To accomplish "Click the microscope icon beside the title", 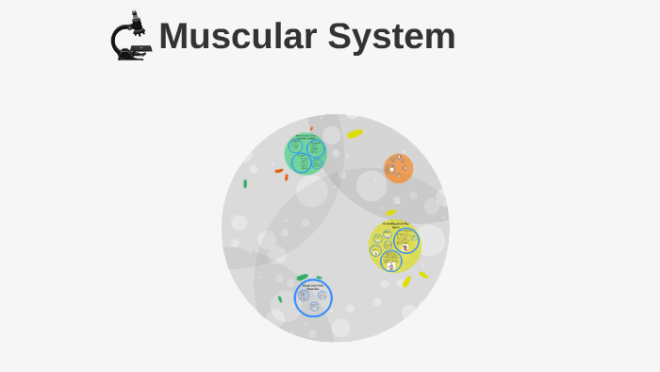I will coord(130,37).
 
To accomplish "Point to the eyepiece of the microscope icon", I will coord(137,16).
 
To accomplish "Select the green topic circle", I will coord(305,154).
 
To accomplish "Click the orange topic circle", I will coord(398,168).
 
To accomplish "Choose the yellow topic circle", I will coord(394,246).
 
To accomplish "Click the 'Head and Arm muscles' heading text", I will coord(313,285).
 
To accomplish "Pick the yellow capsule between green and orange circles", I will coord(355,133).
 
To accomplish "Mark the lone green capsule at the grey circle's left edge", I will coord(245,183).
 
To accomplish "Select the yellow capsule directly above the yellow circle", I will coord(390,212).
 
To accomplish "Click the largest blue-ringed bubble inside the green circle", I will coord(301,162).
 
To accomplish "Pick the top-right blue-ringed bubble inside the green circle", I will coord(316,147).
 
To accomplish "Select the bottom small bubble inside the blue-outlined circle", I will coord(314,306).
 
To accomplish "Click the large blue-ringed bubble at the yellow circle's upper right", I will coord(405,240).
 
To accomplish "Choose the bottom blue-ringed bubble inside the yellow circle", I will coord(391,260).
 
